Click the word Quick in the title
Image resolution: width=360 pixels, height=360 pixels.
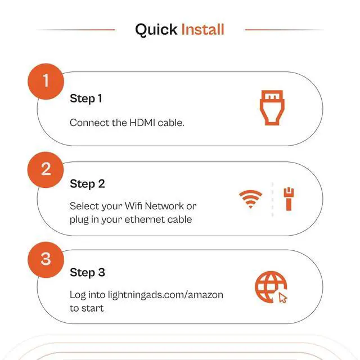pyautogui.click(x=156, y=30)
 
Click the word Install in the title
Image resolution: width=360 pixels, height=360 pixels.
pyautogui.click(x=202, y=29)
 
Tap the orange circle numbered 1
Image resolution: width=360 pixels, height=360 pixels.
pyautogui.click(x=46, y=82)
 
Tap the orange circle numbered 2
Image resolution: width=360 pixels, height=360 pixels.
pyautogui.click(x=46, y=170)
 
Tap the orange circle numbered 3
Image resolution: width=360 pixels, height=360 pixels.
pyautogui.click(x=46, y=260)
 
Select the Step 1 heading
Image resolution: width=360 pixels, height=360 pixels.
pyautogui.click(x=86, y=99)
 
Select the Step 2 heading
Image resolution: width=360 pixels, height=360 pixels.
pyautogui.click(x=87, y=184)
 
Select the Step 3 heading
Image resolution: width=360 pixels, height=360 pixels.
pyautogui.click(x=87, y=272)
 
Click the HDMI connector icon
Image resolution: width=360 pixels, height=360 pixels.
pyautogui.click(x=272, y=108)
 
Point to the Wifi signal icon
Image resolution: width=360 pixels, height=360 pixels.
pyautogui.click(x=250, y=199)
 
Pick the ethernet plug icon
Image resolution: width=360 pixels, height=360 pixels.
pyautogui.click(x=289, y=199)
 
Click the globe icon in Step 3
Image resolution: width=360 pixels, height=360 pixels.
pyautogui.click(x=271, y=287)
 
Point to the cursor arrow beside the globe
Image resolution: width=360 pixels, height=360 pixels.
pyautogui.click(x=282, y=298)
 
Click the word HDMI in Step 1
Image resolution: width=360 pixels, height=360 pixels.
pyautogui.click(x=142, y=123)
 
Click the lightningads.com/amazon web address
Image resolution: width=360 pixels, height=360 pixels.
pyautogui.click(x=165, y=295)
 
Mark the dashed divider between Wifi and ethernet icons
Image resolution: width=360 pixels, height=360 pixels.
pyautogui.click(x=272, y=199)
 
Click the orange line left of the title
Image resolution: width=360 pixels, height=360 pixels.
pyautogui.click(x=76, y=30)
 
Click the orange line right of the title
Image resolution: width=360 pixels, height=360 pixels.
pyautogui.click(x=284, y=30)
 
